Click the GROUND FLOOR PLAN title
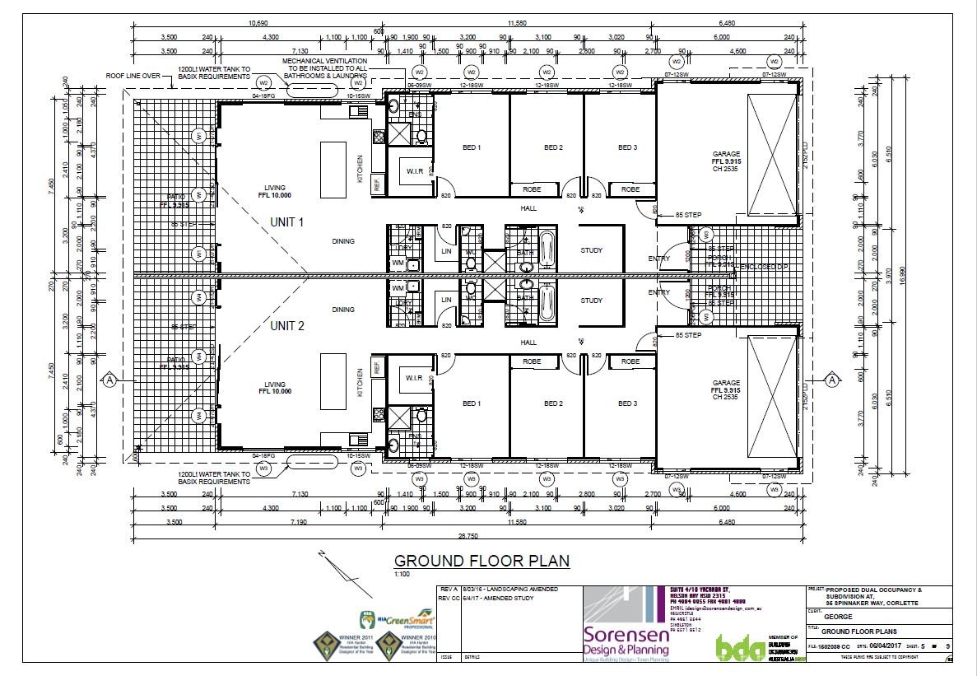482,561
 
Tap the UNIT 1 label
287,222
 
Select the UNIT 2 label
287,326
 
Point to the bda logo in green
735,646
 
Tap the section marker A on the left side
109,380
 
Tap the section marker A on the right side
832,380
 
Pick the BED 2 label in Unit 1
553,148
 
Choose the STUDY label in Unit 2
591,301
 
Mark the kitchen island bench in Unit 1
333,170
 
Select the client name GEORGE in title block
836,615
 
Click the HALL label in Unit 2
528,343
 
